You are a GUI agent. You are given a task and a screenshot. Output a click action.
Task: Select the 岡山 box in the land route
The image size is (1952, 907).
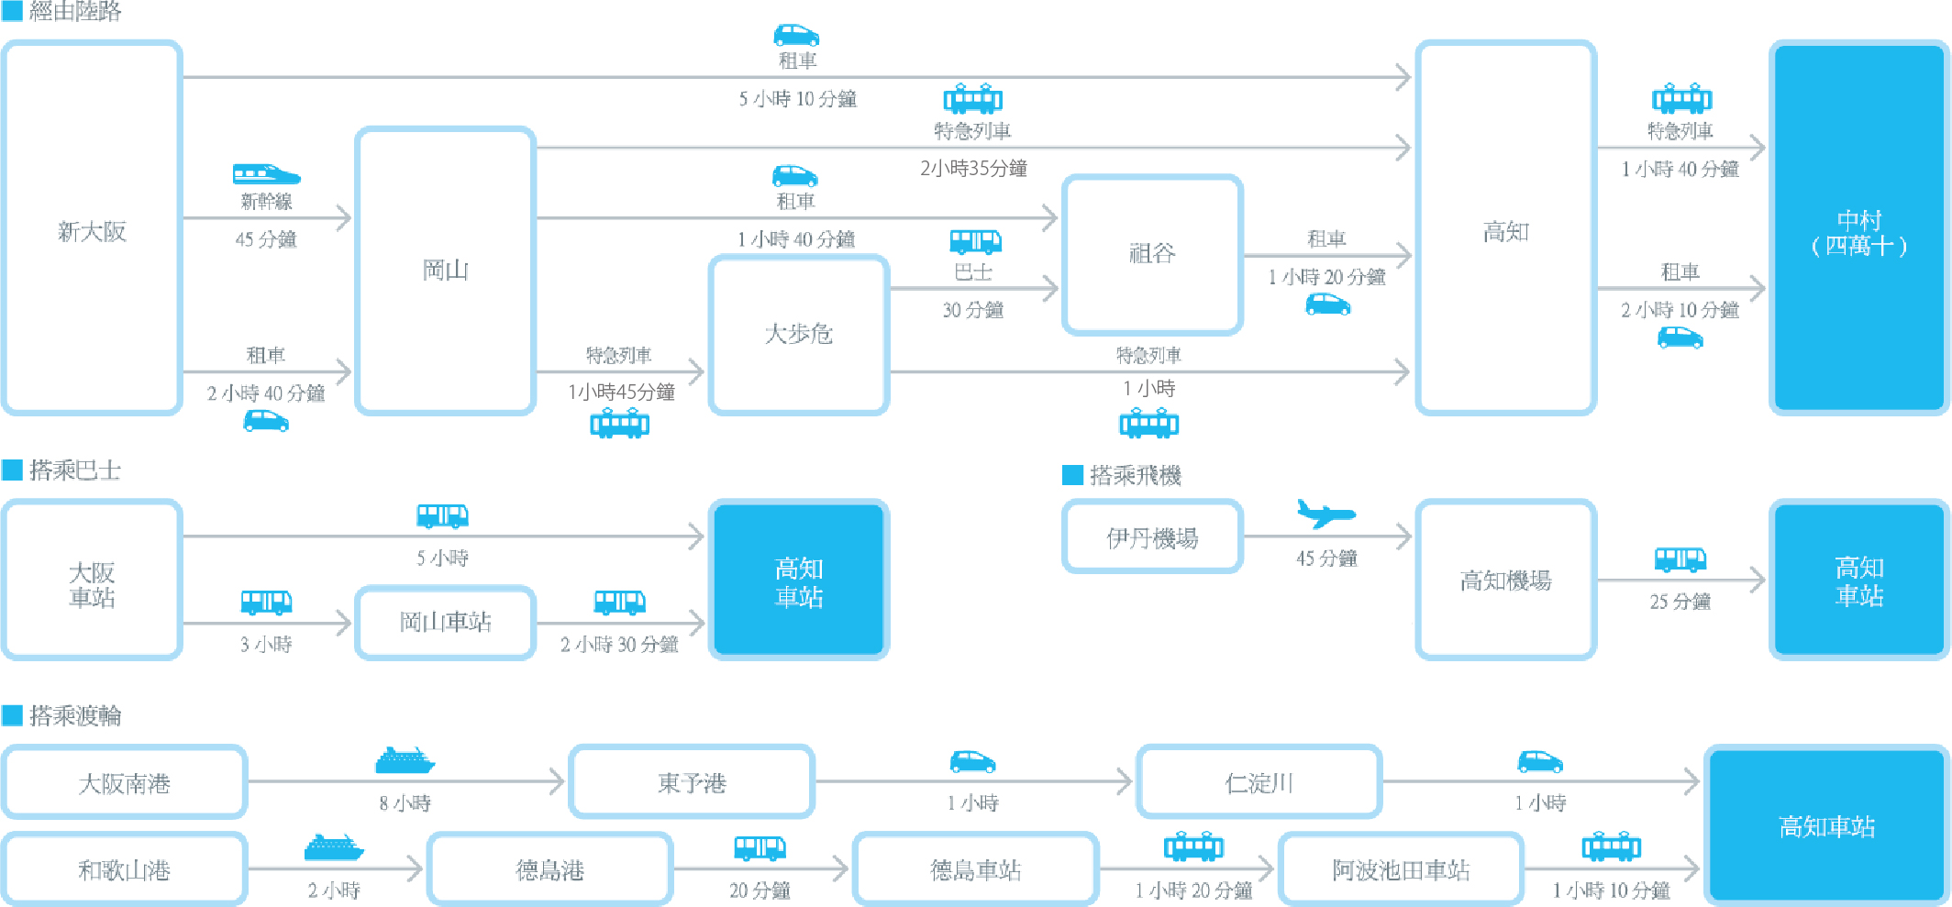coord(445,270)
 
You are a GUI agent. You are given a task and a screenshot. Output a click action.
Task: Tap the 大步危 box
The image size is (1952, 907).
coord(798,334)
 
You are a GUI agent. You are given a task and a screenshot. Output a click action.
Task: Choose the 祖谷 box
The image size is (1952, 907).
coord(1152,254)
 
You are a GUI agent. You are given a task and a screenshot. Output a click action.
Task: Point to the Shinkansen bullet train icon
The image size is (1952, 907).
coord(266,173)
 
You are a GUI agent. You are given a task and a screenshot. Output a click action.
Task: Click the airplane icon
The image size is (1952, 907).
coord(1325,514)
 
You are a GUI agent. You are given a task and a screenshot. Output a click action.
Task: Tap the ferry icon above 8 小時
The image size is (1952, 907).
coord(405,760)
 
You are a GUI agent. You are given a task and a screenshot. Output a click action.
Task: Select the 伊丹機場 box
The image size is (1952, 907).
coord(1152,537)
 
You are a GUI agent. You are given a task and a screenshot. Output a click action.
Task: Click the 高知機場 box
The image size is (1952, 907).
coord(1505,580)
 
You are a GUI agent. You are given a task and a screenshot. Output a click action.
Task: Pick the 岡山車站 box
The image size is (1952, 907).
coord(445,622)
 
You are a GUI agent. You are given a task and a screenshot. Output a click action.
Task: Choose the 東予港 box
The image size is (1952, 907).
coord(692,782)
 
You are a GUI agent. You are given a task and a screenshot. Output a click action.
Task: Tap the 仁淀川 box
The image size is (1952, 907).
coord(1259,782)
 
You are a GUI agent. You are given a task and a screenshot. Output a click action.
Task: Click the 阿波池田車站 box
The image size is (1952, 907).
coord(1401,869)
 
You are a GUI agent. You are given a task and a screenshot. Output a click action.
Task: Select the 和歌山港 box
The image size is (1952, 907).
coord(124,869)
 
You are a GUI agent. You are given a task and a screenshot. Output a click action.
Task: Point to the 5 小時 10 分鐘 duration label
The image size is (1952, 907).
coord(797,99)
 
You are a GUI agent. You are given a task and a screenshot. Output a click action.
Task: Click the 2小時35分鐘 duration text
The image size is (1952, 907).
coord(973,168)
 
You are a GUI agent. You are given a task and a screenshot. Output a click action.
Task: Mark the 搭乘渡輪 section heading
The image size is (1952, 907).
coord(74,715)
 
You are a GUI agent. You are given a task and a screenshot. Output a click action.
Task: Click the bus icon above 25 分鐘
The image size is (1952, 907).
coord(1680,559)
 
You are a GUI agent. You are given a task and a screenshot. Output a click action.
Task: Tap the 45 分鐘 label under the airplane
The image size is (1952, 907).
coord(1326,559)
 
